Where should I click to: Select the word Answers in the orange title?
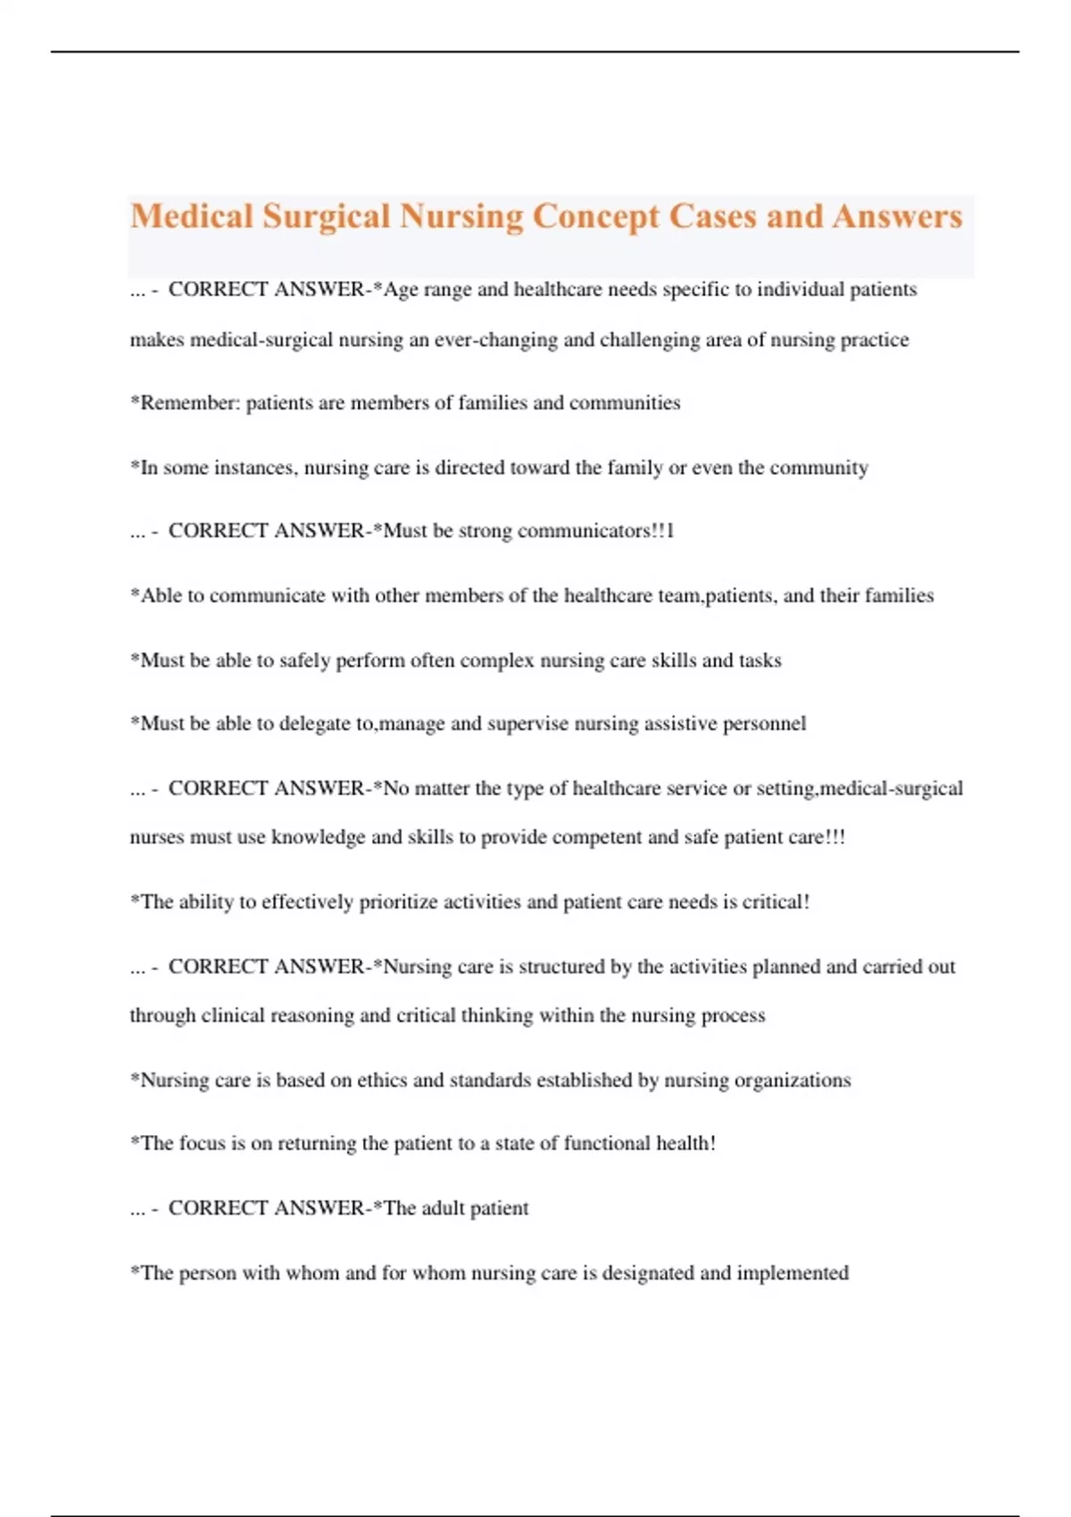(897, 217)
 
